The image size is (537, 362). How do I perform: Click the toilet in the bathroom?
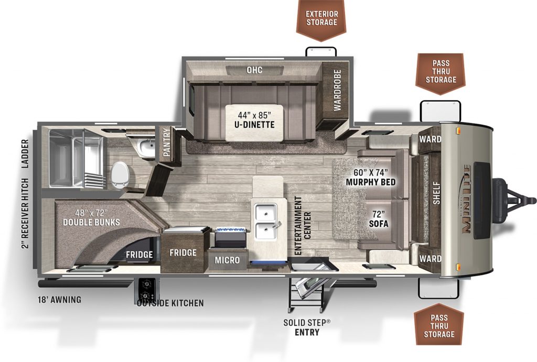coord(120,175)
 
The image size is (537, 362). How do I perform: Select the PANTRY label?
coord(167,142)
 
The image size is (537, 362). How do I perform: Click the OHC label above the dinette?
coord(254,70)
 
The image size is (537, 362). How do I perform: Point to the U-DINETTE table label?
coord(254,119)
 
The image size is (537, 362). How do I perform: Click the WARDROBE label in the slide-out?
coord(337,90)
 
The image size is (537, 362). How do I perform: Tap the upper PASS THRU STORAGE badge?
coord(441,72)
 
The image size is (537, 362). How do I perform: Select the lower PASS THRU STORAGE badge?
coord(439,324)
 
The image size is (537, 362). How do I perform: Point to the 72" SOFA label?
coord(379,219)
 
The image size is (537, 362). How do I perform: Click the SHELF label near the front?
coord(436,193)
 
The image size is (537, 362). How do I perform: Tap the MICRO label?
coord(227,260)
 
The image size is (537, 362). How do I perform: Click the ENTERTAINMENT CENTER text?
coord(303,226)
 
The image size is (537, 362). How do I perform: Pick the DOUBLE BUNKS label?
coord(91,217)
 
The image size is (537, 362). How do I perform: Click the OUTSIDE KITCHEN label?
coord(170,303)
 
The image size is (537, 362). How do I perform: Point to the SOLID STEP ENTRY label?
coord(307,327)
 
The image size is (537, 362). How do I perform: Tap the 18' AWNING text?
coord(60,300)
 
